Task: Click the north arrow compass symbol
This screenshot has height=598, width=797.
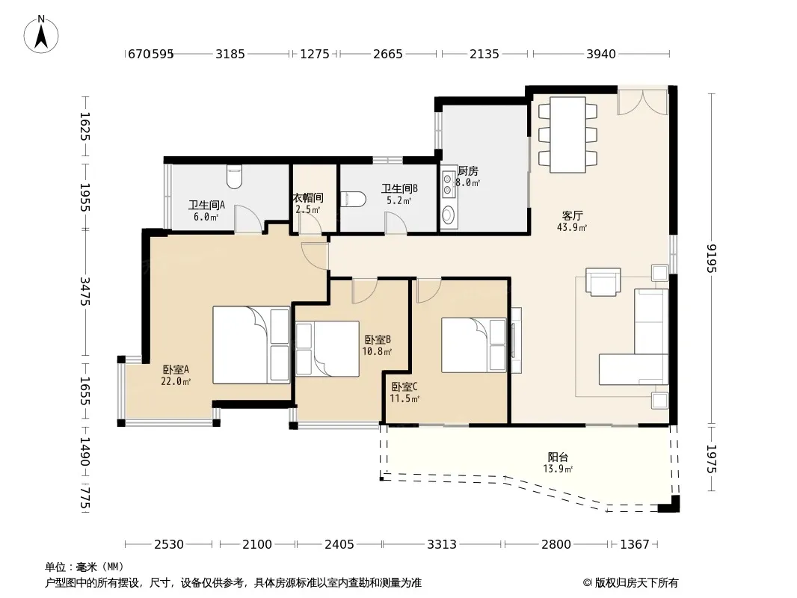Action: [41, 34]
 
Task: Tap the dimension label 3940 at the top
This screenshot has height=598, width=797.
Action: [601, 54]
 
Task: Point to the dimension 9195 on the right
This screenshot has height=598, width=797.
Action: [712, 258]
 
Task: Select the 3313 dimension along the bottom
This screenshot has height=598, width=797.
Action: [442, 544]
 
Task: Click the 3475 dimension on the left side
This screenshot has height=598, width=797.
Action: [85, 291]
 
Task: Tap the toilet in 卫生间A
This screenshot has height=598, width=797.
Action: [234, 176]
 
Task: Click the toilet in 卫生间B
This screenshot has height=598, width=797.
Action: [353, 199]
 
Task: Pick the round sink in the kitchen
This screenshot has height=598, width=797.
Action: [448, 215]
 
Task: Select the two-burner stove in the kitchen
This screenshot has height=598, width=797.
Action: [448, 184]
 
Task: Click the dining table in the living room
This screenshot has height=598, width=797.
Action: [567, 135]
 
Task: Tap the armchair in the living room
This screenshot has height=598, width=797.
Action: [603, 282]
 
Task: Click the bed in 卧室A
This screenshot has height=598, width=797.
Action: [251, 345]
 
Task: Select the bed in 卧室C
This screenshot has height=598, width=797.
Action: [474, 345]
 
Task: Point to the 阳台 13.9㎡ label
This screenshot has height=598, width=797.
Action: [558, 463]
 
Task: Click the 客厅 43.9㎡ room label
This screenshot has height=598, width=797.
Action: [572, 221]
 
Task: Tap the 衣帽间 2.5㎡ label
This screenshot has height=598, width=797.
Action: [309, 203]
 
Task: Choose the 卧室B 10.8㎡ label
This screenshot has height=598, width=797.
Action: [377, 345]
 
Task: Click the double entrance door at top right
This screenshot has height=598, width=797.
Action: [642, 102]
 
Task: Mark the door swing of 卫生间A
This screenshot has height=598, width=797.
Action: [248, 220]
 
